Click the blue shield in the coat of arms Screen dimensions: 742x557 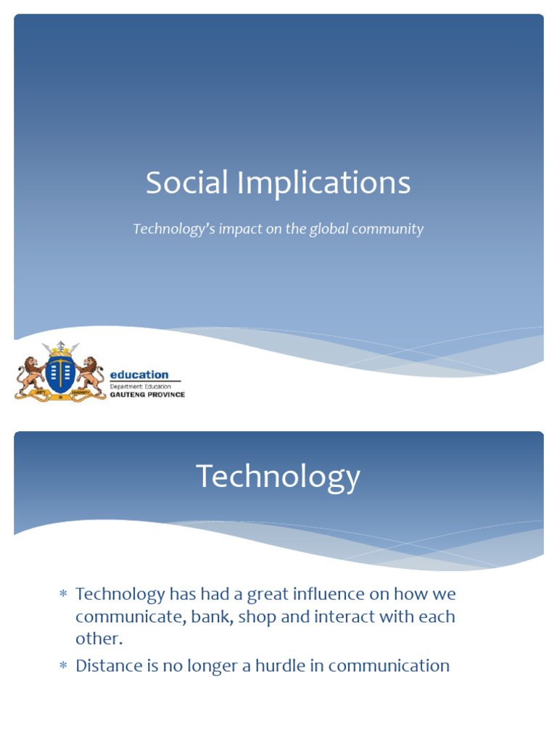pos(60,372)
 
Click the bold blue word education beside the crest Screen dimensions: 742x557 pos(139,375)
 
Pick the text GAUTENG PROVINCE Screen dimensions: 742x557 pos(147,395)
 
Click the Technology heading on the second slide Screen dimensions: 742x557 pos(278,477)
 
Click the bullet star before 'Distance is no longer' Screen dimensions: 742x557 pos(63,666)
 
